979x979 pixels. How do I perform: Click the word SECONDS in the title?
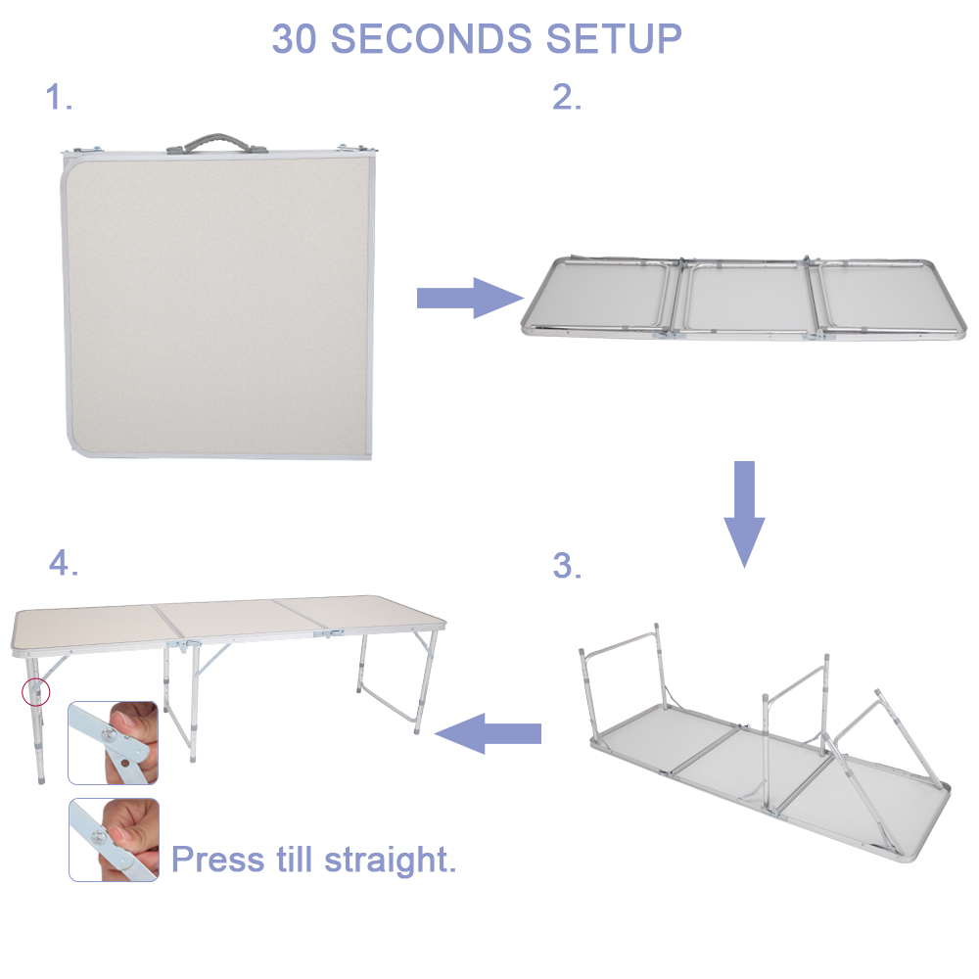click(x=433, y=39)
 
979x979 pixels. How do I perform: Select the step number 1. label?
click(x=60, y=98)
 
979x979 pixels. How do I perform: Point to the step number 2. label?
click(x=567, y=98)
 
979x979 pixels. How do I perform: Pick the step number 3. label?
click(x=567, y=566)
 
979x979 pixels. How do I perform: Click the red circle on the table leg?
click(x=35, y=692)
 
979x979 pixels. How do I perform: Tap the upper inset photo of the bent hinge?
click(x=113, y=742)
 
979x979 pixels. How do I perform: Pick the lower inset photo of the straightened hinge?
click(x=113, y=839)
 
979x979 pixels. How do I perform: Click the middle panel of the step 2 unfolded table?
click(x=746, y=297)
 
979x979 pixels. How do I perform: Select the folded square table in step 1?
click(x=217, y=303)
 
